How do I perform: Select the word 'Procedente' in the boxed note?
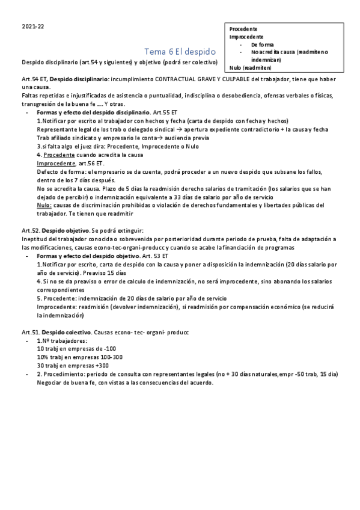243,29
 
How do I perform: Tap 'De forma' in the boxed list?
263,45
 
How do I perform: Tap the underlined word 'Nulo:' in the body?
44,205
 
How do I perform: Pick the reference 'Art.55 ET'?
165,112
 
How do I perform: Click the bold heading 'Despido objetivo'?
65,230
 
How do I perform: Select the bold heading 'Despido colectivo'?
66,332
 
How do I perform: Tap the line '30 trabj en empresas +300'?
73,366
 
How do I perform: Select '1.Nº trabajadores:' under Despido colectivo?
61,340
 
